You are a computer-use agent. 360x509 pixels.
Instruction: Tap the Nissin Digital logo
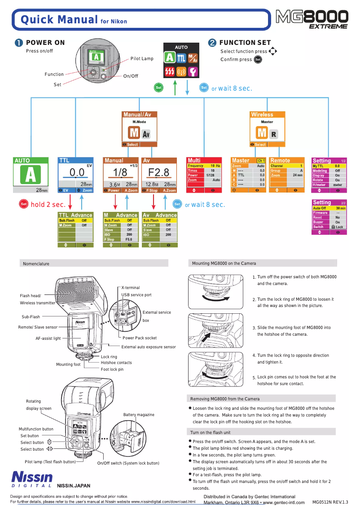pos(32,478)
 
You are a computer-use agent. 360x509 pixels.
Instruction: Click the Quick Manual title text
pos(60,20)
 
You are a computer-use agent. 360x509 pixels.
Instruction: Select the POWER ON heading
pos(45,43)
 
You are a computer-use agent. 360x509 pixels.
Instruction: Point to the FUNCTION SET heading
pos(245,43)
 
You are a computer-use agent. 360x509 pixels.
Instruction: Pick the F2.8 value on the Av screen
pos(158,173)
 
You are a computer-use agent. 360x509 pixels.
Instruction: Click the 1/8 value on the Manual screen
pos(120,173)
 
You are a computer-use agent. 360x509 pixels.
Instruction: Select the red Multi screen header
pos(205,160)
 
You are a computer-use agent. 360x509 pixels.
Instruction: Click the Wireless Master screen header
pos(268,115)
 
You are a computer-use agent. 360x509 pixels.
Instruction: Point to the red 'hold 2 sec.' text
pos(48,205)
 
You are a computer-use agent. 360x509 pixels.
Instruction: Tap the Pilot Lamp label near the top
pos(142,59)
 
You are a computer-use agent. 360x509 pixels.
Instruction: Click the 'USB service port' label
pos(136,295)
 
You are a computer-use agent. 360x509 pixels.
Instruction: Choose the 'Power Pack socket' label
pos(140,338)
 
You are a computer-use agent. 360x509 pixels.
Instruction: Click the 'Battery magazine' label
pos(139,415)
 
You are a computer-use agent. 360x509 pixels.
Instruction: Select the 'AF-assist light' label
pos(48,338)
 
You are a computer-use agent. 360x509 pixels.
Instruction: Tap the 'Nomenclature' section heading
pos(36,263)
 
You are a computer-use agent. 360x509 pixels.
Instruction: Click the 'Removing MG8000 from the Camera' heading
pos(225,399)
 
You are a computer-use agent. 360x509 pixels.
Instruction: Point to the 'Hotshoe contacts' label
pos(116,363)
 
